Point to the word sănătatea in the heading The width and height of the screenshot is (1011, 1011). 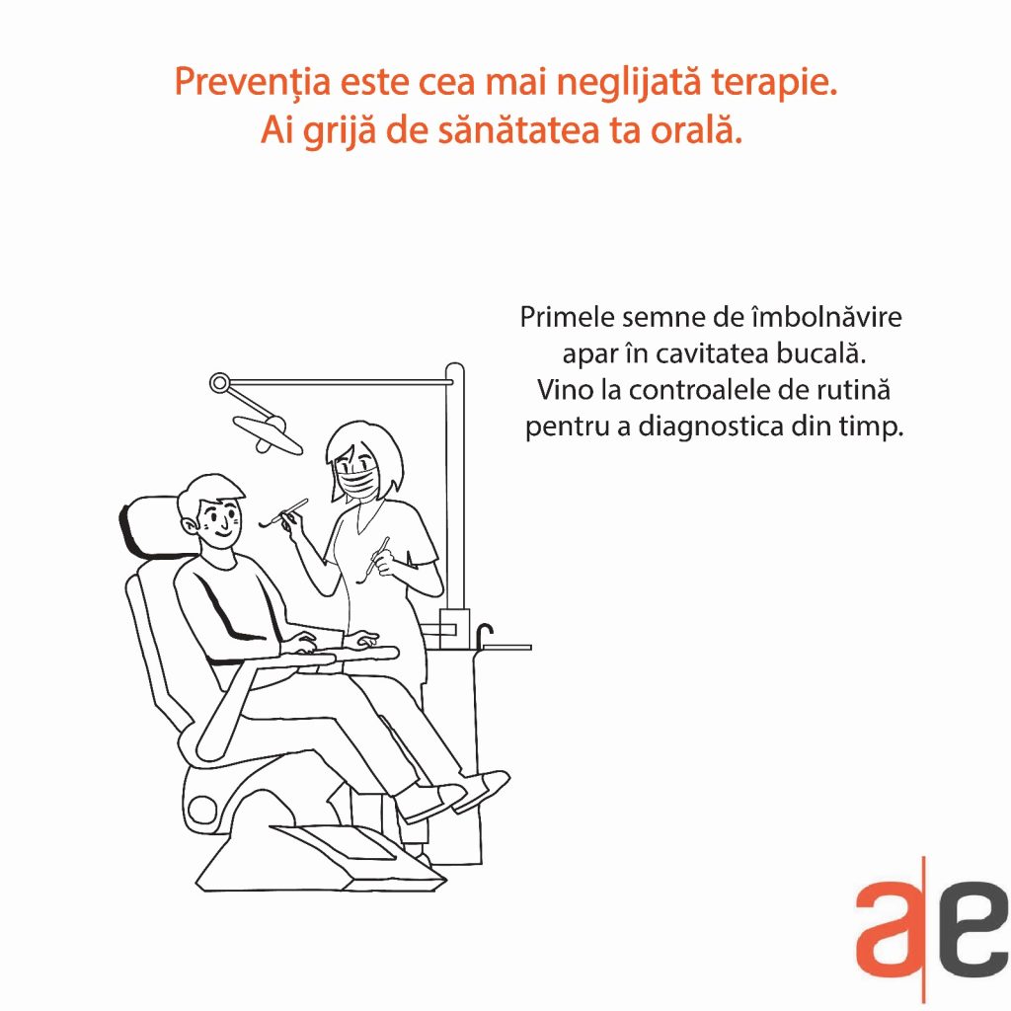pos(519,130)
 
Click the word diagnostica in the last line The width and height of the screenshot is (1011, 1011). pos(710,427)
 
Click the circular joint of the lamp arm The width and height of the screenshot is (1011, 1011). pos(219,383)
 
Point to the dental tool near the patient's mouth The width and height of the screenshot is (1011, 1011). pos(283,513)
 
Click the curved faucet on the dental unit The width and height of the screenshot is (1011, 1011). pos(484,635)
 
